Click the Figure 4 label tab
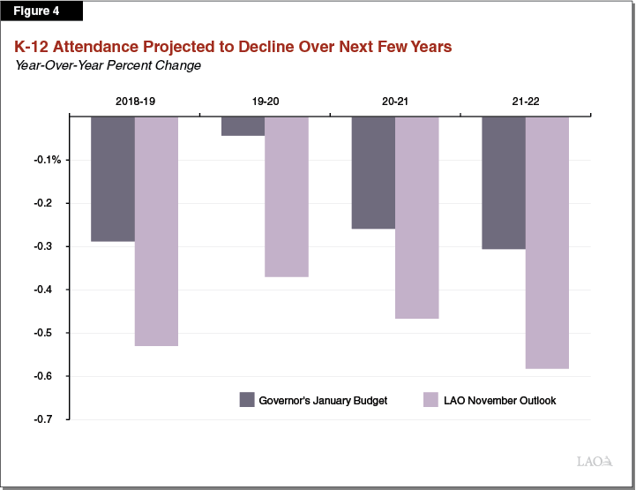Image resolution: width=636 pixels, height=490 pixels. (41, 11)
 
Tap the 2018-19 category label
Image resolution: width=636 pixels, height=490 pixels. (134, 102)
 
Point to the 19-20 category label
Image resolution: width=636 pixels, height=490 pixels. (265, 102)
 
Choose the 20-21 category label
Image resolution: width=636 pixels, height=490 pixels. (395, 102)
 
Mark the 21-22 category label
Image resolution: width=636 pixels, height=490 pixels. (526, 102)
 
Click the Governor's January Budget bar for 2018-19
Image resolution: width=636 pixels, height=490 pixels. (113, 178)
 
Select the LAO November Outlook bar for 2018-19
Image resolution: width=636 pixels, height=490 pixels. (156, 230)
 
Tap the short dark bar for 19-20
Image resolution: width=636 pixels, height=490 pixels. (243, 125)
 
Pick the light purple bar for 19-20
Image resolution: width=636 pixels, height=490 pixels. (287, 196)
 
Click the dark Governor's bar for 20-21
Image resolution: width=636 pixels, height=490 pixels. (373, 172)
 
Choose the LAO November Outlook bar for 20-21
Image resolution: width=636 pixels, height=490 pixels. (416, 217)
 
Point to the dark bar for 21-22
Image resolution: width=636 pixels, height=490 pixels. (504, 182)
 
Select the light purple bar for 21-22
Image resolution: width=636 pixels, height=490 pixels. (547, 242)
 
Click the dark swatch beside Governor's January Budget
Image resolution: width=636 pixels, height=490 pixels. (247, 400)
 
